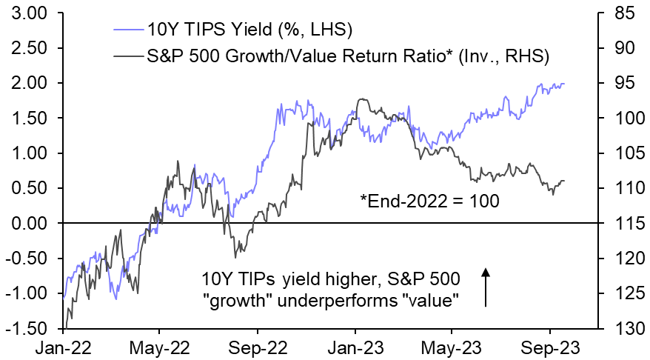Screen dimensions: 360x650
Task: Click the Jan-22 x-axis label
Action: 65,347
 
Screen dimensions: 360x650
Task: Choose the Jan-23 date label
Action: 355,347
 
